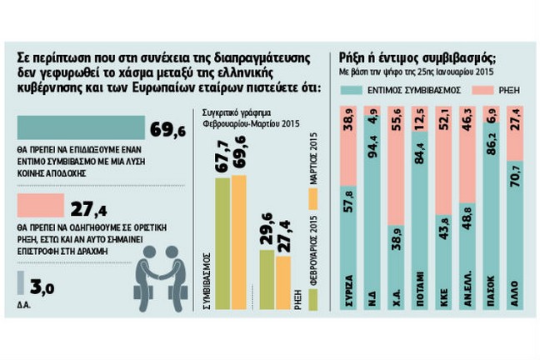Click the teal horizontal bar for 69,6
pyautogui.click(x=80, y=129)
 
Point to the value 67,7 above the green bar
pyautogui.click(x=221, y=157)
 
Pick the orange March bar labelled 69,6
pyautogui.click(x=239, y=242)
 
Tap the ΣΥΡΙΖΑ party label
pyautogui.click(x=347, y=291)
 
